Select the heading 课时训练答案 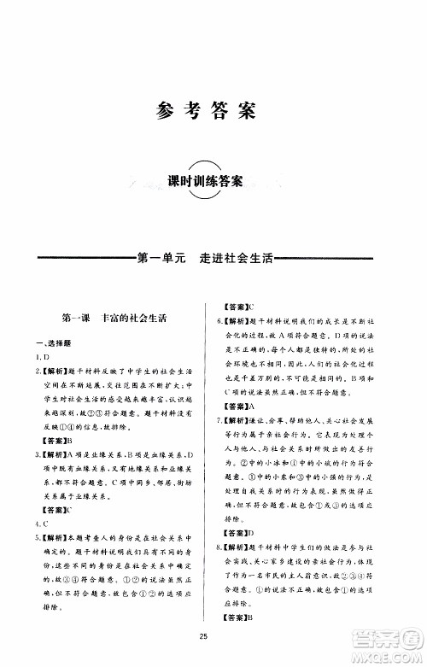click(x=207, y=181)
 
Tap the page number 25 click(x=204, y=634)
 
